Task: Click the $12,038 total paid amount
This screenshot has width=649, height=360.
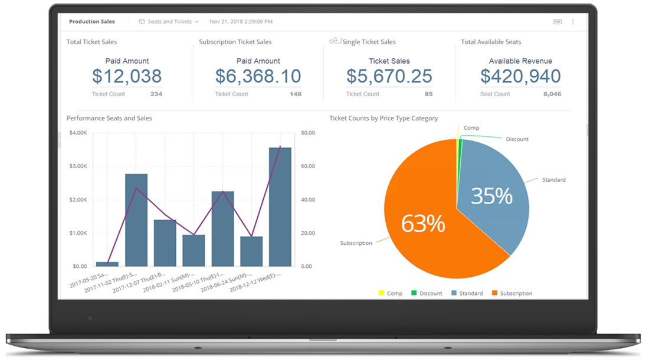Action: [x=127, y=76]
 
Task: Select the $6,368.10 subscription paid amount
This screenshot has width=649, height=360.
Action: [x=258, y=76]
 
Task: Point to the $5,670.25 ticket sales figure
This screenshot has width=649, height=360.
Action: [x=389, y=76]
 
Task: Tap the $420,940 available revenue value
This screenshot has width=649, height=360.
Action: [x=520, y=76]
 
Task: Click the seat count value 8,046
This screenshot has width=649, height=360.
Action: [x=552, y=94]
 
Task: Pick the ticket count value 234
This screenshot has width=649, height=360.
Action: [x=156, y=94]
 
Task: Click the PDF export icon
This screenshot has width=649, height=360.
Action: [x=558, y=22]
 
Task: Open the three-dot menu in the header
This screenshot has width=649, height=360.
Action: [x=573, y=22]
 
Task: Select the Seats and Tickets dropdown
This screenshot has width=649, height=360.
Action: [x=169, y=22]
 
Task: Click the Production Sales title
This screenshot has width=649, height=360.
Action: [x=91, y=22]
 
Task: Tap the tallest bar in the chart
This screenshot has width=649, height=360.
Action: [x=280, y=207]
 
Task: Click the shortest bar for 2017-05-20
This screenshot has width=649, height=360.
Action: [x=107, y=264]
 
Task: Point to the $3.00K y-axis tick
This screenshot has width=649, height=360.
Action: [x=78, y=166]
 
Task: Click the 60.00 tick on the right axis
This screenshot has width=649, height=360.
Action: [x=308, y=166]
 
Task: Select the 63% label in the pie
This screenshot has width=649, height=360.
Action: [x=422, y=224]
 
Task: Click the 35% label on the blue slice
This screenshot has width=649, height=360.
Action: [x=491, y=195]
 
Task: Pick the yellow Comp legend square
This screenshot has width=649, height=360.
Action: [x=381, y=293]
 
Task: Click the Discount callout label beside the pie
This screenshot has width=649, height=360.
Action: [x=517, y=139]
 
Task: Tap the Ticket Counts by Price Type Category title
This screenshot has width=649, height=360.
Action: [x=383, y=119]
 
